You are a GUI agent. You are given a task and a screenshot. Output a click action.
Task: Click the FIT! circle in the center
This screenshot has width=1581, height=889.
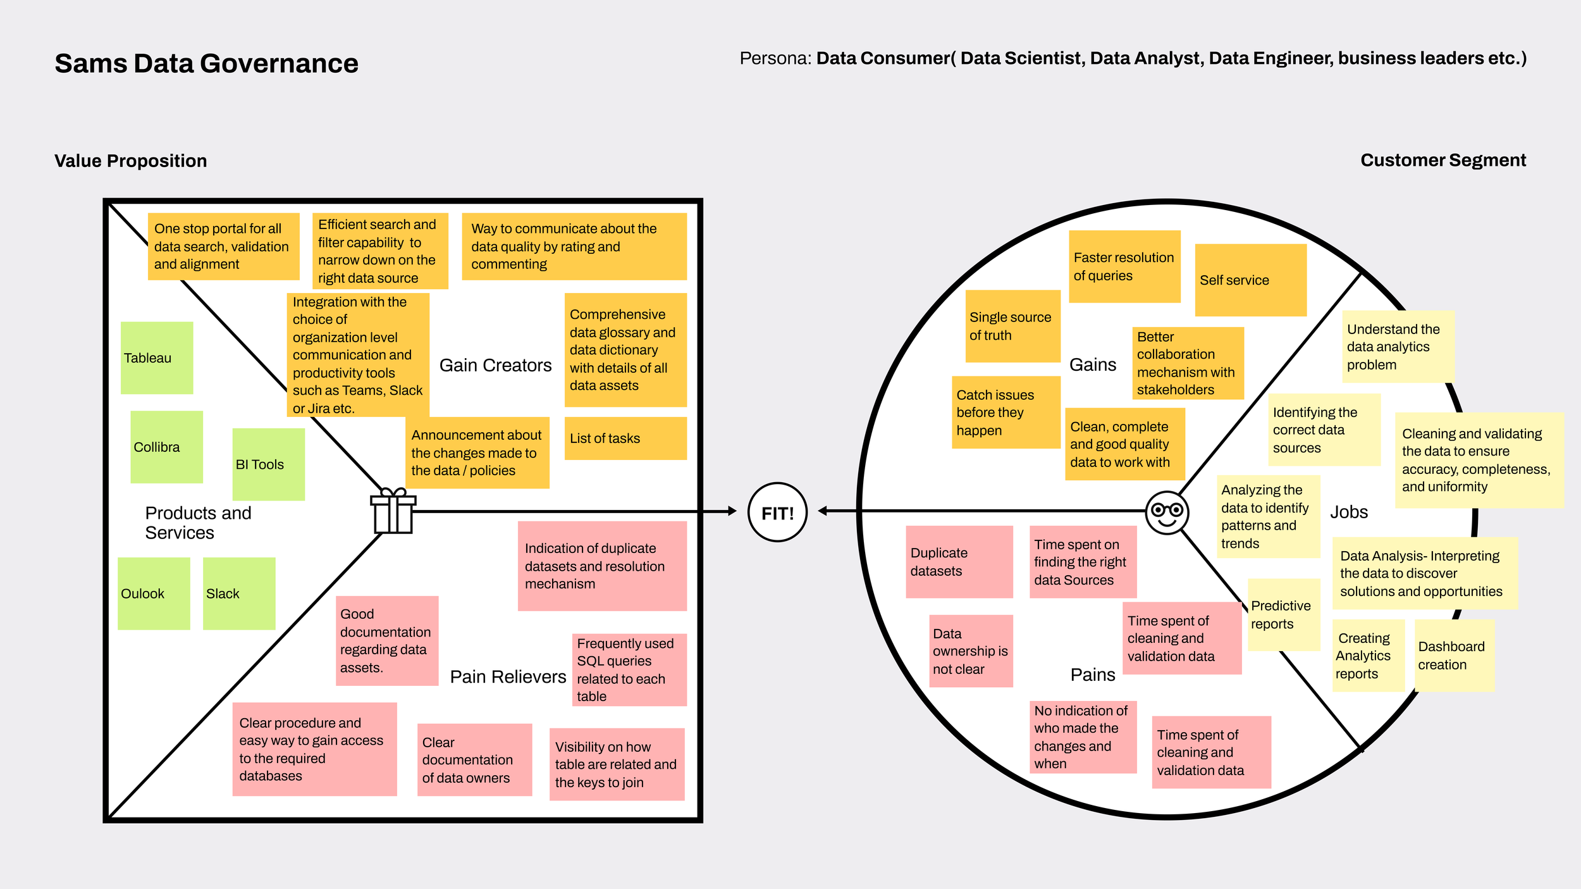[x=777, y=513]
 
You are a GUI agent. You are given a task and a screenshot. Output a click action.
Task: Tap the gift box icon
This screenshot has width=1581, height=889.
[x=393, y=511]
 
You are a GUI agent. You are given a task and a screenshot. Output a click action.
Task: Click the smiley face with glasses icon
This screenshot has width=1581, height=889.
[x=1167, y=513]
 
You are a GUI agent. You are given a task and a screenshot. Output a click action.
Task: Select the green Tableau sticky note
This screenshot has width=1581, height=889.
[x=157, y=358]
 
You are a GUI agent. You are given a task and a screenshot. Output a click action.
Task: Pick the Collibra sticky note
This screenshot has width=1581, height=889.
[x=166, y=447]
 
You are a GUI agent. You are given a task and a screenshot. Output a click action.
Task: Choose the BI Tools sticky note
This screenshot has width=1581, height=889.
[x=268, y=464]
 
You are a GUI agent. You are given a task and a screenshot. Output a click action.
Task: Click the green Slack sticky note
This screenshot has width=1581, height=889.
[x=239, y=594]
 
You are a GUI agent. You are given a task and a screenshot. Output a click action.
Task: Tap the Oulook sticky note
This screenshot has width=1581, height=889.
[x=154, y=594]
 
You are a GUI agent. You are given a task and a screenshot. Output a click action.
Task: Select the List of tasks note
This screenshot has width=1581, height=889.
[x=625, y=438]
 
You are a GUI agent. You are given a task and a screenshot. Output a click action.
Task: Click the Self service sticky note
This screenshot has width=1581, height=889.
[x=1250, y=280]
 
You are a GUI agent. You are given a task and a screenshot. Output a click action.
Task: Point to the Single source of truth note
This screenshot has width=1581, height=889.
[x=1012, y=326]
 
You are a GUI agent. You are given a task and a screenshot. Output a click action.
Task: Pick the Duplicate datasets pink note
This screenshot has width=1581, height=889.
[x=959, y=562]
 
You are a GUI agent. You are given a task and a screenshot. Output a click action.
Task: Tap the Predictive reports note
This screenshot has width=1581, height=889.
[x=1284, y=615]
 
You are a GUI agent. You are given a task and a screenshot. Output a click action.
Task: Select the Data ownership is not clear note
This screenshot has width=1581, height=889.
[x=971, y=651]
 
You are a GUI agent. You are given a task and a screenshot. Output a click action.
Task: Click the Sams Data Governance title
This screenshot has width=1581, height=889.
[x=206, y=63]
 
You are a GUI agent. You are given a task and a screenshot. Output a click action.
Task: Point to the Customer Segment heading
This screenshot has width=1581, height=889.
[x=1443, y=160]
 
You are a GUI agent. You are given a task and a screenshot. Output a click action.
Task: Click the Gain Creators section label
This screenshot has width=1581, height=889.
[x=495, y=365]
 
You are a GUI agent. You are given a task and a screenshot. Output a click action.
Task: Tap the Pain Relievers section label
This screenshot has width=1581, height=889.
[x=508, y=677]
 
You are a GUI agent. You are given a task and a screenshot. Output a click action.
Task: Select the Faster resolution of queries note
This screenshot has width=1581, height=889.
[x=1124, y=266]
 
